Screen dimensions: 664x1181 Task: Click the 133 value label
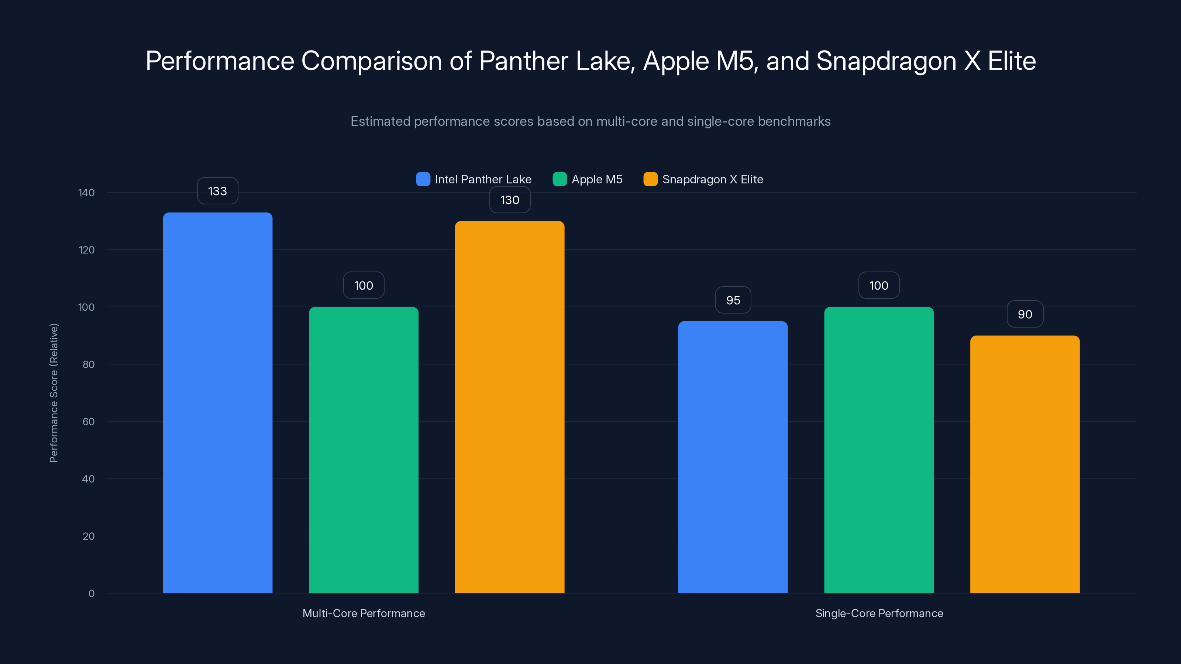coord(217,191)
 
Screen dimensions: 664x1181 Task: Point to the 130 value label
coord(509,200)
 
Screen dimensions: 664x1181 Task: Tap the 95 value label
coord(733,300)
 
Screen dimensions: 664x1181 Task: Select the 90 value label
coord(1025,314)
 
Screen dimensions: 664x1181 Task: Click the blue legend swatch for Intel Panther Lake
coord(423,179)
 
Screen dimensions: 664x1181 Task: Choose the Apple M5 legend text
coord(597,179)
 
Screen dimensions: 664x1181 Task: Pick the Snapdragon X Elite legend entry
coord(712,179)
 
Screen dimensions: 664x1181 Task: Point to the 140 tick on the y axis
coord(86,193)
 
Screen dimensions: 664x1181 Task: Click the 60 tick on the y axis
coord(89,422)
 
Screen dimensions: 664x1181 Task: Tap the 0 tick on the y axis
coord(91,594)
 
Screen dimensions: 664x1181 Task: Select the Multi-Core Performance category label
coord(364,613)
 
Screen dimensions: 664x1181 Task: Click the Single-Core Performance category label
coord(879,613)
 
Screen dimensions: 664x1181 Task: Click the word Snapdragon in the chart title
coord(886,61)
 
